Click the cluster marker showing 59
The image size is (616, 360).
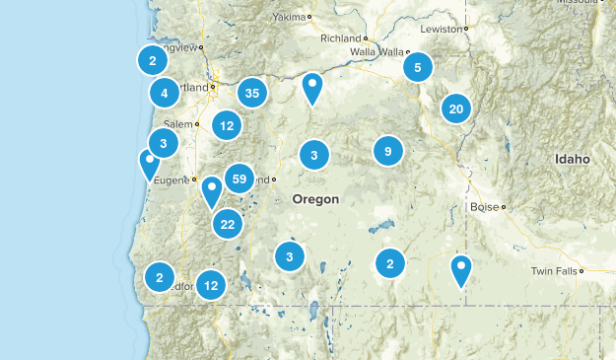click(x=239, y=179)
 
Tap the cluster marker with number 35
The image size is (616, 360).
click(x=252, y=94)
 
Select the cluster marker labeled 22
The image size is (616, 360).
click(x=228, y=224)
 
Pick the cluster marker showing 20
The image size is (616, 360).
click(x=455, y=109)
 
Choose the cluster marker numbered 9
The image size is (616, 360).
click(x=388, y=151)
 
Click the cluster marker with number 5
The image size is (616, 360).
click(x=418, y=67)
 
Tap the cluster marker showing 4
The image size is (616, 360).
click(x=165, y=94)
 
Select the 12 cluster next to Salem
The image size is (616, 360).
click(x=228, y=125)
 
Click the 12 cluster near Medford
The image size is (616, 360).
click(x=210, y=285)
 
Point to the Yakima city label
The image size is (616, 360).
click(x=289, y=18)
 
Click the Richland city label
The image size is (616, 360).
click(x=341, y=38)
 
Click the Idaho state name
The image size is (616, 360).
click(x=572, y=159)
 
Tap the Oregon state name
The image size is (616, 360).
click(x=315, y=199)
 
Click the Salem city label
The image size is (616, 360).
click(x=178, y=124)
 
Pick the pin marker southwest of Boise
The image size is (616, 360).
click(x=461, y=268)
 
